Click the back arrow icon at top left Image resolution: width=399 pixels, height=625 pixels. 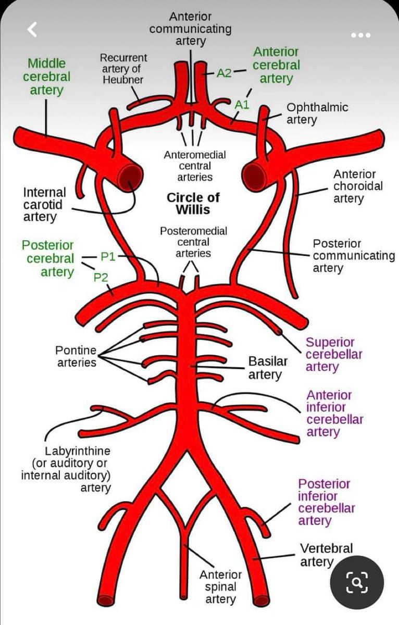pyautogui.click(x=32, y=30)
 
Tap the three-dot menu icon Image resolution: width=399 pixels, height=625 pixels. pyautogui.click(x=360, y=35)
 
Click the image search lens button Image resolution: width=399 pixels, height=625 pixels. pyautogui.click(x=357, y=582)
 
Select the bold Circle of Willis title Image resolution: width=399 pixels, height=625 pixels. pyautogui.click(x=193, y=204)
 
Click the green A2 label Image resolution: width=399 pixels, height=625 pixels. pyautogui.click(x=224, y=73)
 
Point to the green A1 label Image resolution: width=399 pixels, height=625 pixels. pyautogui.click(x=242, y=105)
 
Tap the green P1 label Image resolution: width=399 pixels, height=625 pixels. pyautogui.click(x=108, y=256)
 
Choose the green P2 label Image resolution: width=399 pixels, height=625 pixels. pyautogui.click(x=101, y=277)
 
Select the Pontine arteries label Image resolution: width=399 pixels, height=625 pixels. pyautogui.click(x=76, y=356)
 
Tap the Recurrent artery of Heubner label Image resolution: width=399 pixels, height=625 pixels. pyautogui.click(x=123, y=68)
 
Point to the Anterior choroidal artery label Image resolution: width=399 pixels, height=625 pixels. pyautogui.click(x=354, y=186)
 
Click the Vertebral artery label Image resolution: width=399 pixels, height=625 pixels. pyautogui.click(x=326, y=555)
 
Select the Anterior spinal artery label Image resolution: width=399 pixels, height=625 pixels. pyautogui.click(x=220, y=587)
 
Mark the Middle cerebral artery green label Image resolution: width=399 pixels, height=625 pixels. pyautogui.click(x=46, y=77)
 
